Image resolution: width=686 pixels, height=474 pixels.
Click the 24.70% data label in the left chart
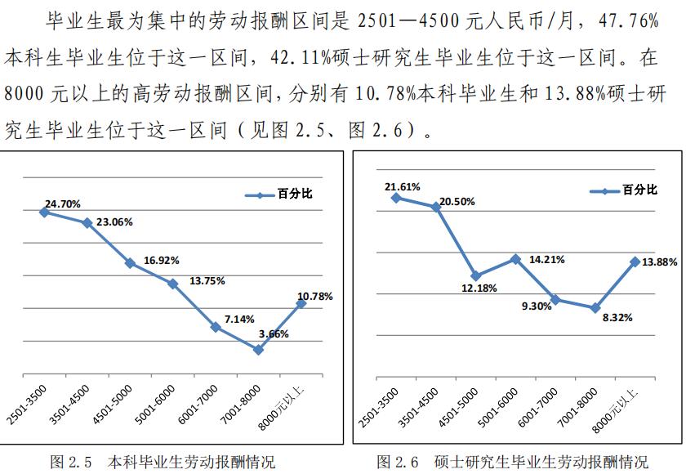(63, 203)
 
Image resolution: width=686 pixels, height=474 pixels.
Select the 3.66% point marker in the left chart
(258, 350)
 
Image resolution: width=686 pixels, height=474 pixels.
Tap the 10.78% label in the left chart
(315, 296)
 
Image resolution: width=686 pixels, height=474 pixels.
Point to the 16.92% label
(162, 260)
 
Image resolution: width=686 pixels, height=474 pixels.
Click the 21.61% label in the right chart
(403, 186)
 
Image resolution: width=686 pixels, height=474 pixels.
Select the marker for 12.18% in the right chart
(475, 276)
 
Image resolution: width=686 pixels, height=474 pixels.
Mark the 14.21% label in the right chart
(547, 259)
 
